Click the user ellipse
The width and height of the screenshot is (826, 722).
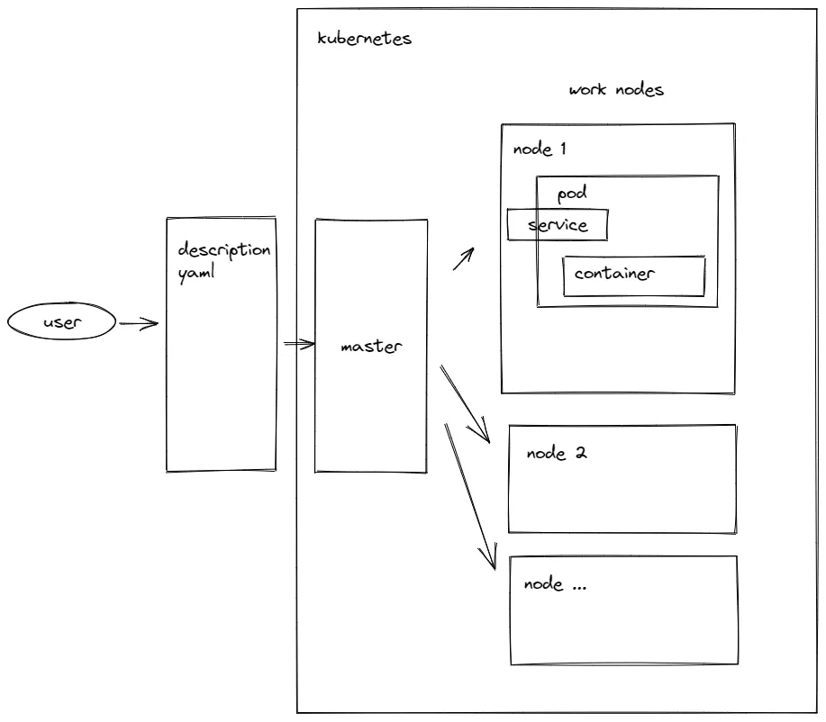click(62, 322)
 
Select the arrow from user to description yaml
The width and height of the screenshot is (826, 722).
click(138, 323)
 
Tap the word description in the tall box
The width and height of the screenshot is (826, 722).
click(223, 249)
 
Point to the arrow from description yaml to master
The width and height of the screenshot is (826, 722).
click(299, 344)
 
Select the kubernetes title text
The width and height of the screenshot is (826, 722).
click(365, 40)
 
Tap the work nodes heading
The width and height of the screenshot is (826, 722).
click(617, 91)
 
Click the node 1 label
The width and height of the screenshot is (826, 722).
click(540, 149)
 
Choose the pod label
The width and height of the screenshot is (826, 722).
click(572, 194)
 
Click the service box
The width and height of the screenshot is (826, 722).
click(558, 224)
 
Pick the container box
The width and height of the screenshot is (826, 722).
click(633, 275)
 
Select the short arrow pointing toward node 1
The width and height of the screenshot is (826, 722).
click(462, 260)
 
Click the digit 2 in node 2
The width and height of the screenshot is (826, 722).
click(581, 453)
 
